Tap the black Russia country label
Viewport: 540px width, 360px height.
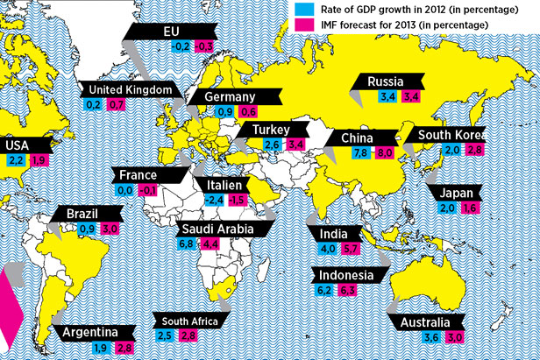(x=384, y=82)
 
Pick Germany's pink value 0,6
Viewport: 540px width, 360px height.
(x=248, y=112)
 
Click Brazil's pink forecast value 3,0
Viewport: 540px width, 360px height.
(x=110, y=228)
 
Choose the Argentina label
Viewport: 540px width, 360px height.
(x=90, y=333)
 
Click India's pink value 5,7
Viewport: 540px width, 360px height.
(x=350, y=249)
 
